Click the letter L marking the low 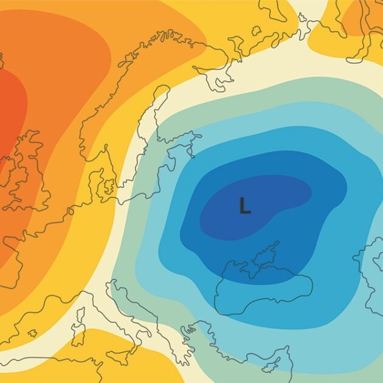244,205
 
